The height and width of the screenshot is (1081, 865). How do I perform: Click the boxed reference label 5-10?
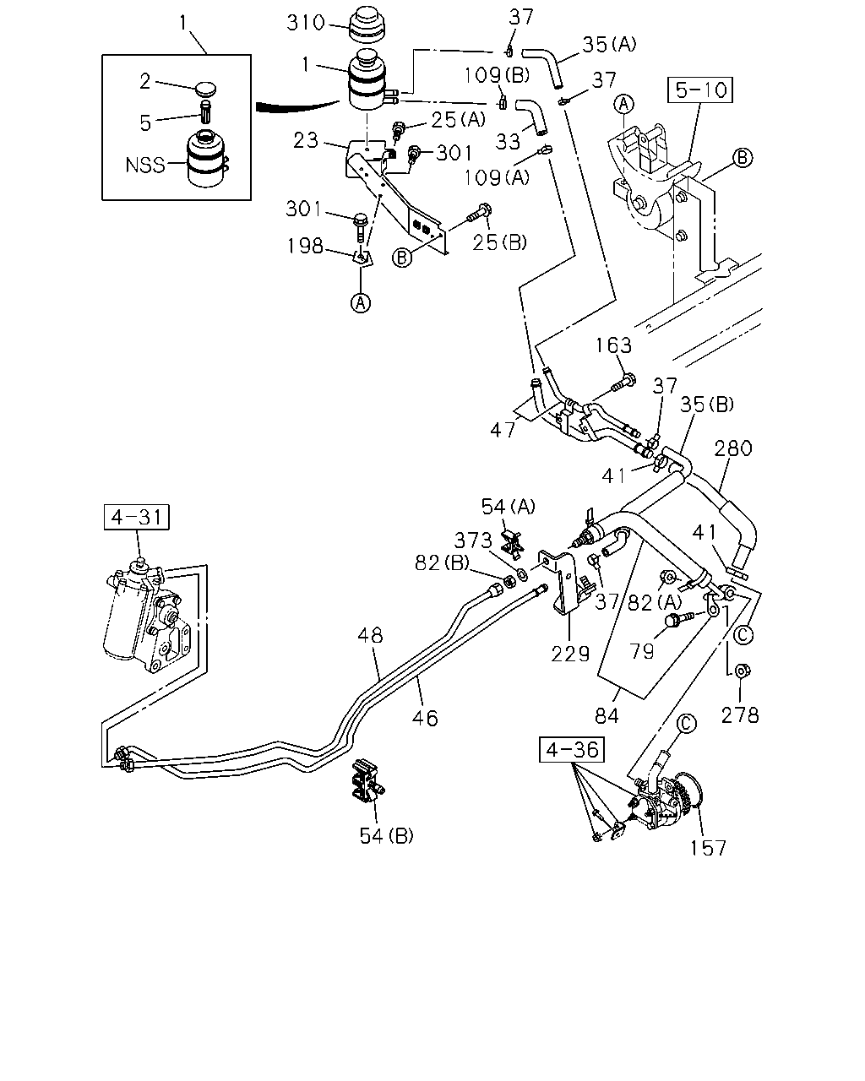click(699, 90)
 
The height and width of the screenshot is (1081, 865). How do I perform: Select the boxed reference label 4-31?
click(137, 517)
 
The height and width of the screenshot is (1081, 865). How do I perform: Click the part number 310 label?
click(306, 23)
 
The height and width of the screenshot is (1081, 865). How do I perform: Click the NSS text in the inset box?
click(144, 165)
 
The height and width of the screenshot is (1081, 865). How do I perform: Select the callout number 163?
click(613, 345)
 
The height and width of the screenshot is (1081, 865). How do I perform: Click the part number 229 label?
click(570, 654)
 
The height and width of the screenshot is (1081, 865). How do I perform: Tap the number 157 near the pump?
click(708, 848)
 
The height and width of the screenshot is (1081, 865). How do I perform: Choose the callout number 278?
click(740, 714)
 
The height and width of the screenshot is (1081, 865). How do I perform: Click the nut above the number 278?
click(740, 670)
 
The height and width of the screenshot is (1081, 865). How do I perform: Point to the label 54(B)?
click(386, 836)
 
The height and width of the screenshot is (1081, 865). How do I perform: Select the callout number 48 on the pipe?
click(371, 635)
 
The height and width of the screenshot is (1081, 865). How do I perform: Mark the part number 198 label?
click(305, 246)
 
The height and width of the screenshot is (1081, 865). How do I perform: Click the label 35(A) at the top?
click(609, 45)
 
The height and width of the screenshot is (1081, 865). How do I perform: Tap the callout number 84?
click(607, 716)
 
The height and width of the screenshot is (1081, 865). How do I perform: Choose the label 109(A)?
click(496, 177)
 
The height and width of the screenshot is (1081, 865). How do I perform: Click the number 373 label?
click(473, 541)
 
